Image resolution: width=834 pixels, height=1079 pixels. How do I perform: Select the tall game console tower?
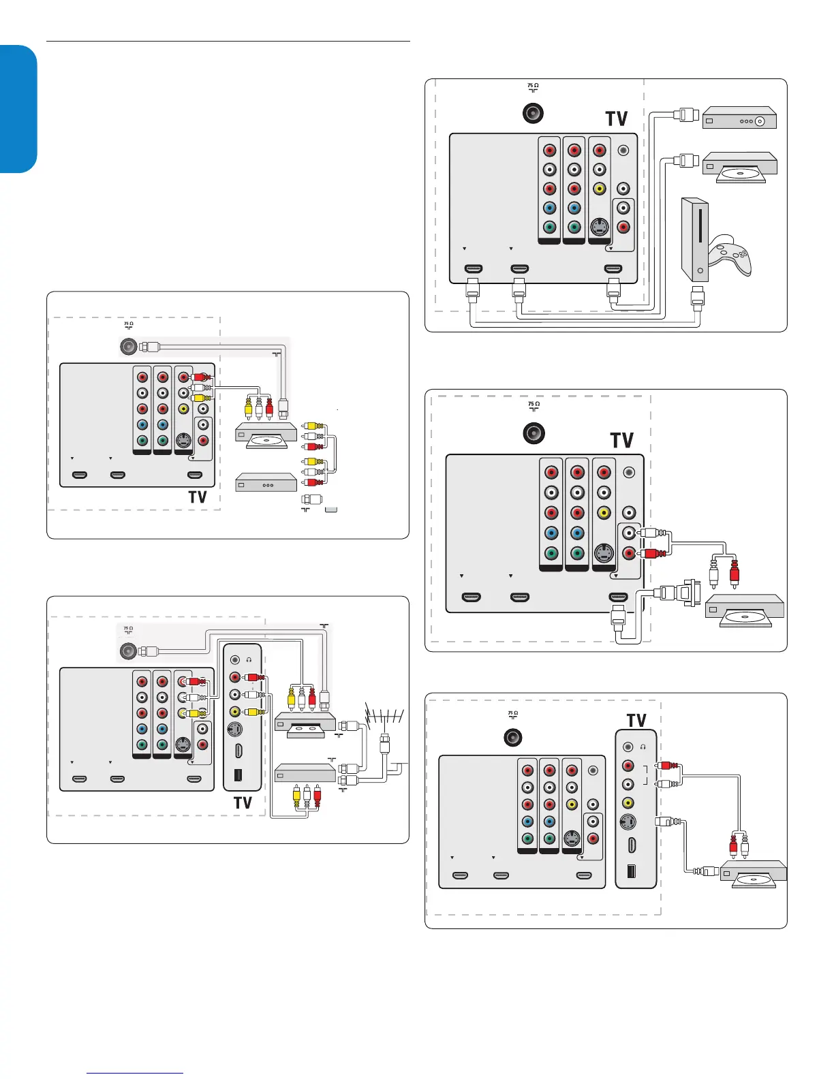click(695, 240)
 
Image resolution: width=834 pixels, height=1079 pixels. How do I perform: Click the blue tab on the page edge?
click(18, 109)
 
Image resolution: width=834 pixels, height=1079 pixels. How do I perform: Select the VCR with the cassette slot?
click(305, 725)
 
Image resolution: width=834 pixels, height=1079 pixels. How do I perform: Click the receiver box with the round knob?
click(739, 118)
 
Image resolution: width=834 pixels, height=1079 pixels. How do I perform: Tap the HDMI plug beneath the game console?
click(697, 297)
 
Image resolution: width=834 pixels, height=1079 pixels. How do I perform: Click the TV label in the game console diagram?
click(616, 119)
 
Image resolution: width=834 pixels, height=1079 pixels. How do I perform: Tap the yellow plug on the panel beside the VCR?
click(253, 713)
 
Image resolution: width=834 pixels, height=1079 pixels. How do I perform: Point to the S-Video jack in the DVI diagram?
click(602, 552)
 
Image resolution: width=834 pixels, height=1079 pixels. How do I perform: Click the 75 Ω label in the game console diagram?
click(533, 87)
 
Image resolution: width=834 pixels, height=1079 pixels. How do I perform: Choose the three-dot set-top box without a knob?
click(266, 484)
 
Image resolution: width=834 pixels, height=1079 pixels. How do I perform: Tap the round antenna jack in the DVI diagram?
click(534, 433)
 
